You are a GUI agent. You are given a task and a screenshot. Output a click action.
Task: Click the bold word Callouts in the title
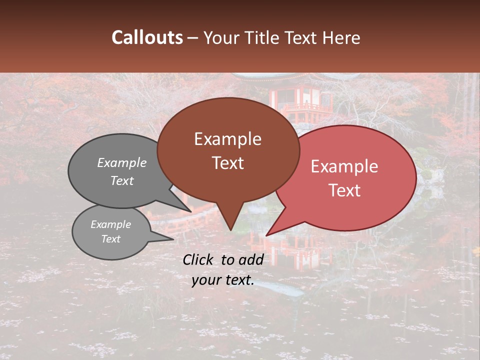pyautogui.click(x=147, y=37)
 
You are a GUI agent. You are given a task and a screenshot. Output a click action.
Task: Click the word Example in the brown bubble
pyautogui.click(x=227, y=139)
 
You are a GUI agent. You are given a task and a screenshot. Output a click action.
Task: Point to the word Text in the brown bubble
pyautogui.click(x=227, y=163)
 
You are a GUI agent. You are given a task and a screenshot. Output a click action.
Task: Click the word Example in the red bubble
pyautogui.click(x=344, y=166)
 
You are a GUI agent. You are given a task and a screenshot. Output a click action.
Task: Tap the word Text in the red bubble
pyautogui.click(x=344, y=190)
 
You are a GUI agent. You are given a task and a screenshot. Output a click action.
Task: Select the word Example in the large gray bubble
pyautogui.click(x=122, y=162)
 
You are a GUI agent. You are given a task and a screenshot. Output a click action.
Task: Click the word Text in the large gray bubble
pyautogui.click(x=122, y=180)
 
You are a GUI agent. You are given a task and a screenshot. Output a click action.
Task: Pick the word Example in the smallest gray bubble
pyautogui.click(x=110, y=224)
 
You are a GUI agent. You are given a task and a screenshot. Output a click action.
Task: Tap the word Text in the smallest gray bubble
pyautogui.click(x=110, y=239)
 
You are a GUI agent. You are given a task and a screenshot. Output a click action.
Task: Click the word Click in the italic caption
pyautogui.click(x=198, y=259)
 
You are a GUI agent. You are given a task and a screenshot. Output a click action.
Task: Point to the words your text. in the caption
pyautogui.click(x=223, y=280)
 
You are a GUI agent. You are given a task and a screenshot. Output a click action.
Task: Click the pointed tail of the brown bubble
pyautogui.click(x=230, y=227)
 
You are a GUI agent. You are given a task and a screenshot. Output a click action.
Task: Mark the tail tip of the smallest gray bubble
pyautogui.click(x=172, y=239)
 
